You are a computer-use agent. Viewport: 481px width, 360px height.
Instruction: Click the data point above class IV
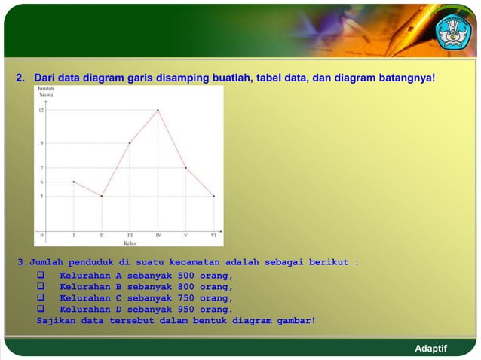click(158, 111)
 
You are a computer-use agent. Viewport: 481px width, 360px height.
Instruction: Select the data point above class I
click(73, 182)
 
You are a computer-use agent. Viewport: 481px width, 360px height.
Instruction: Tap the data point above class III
click(130, 142)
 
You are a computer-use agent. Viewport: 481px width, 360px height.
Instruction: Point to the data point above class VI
click(214, 196)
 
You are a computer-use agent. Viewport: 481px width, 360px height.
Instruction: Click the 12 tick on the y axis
click(41, 111)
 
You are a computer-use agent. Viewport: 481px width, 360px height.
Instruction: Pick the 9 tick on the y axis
click(41, 142)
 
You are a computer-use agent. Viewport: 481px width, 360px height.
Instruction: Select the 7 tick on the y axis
click(41, 167)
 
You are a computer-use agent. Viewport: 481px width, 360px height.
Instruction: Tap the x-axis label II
click(101, 235)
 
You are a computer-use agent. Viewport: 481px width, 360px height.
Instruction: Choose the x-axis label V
click(185, 235)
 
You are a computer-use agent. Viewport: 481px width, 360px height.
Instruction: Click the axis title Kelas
click(129, 243)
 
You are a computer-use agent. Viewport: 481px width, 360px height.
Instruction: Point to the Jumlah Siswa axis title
click(45, 93)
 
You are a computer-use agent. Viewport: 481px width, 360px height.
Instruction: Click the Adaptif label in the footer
click(431, 349)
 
